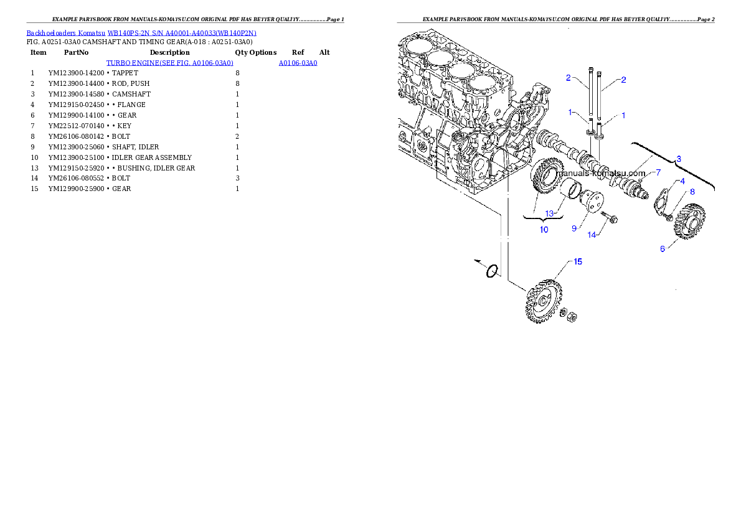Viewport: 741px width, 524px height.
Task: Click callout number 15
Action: pos(578,262)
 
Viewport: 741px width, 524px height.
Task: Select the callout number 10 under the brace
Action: pos(544,230)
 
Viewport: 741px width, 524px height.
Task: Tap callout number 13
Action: pos(549,213)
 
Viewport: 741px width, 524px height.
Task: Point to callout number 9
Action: pos(575,228)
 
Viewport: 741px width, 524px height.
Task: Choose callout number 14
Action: pos(592,235)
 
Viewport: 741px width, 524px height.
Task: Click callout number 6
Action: pos(663,248)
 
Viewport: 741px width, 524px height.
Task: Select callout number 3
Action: pos(679,159)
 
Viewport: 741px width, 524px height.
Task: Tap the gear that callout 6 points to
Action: pos(689,221)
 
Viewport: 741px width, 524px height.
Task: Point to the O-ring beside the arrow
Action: pos(492,271)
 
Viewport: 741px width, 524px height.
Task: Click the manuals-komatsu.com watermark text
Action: pos(600,174)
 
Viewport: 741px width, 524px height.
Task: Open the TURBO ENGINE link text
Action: pos(170,63)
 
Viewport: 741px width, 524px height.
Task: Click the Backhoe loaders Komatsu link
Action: pos(141,32)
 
